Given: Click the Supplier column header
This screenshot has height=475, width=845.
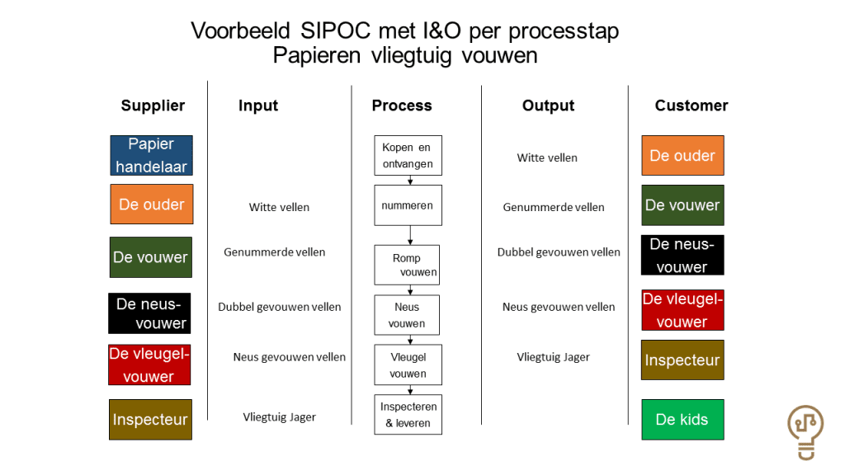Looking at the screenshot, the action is pos(153,106).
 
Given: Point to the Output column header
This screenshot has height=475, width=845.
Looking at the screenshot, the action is pos(548,106).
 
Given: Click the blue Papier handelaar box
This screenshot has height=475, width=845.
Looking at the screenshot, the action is pos(152,155).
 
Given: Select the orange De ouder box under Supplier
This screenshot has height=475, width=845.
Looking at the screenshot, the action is pos(152,205).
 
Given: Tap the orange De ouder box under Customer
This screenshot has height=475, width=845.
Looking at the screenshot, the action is pos(682,155).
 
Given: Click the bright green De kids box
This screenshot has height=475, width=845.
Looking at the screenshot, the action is pos(682,420).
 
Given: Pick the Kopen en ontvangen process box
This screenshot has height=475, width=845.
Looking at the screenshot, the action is pos(408,155).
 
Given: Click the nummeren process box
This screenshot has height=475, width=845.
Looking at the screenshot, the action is pos(408,205).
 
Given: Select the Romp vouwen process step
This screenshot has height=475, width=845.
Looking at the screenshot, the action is pos(407,265).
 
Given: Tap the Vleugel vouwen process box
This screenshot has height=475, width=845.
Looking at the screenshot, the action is pos(408,364).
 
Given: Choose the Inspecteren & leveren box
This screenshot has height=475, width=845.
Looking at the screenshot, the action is pos(408,414).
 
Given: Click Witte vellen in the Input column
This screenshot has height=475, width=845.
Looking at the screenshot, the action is pos(279,207).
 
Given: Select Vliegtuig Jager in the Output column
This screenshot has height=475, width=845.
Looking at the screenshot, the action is pos(553,357).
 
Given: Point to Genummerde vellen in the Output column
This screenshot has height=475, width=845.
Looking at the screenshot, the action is pos(554,207).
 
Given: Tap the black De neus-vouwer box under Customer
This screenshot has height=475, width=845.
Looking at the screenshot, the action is pos(682,256).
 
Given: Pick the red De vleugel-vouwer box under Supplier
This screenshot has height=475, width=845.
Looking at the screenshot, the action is pos(149,364).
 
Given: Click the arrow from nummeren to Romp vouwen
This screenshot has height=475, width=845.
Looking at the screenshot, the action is pos(410,235).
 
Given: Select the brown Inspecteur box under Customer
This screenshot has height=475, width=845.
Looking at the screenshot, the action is pos(682,360).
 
